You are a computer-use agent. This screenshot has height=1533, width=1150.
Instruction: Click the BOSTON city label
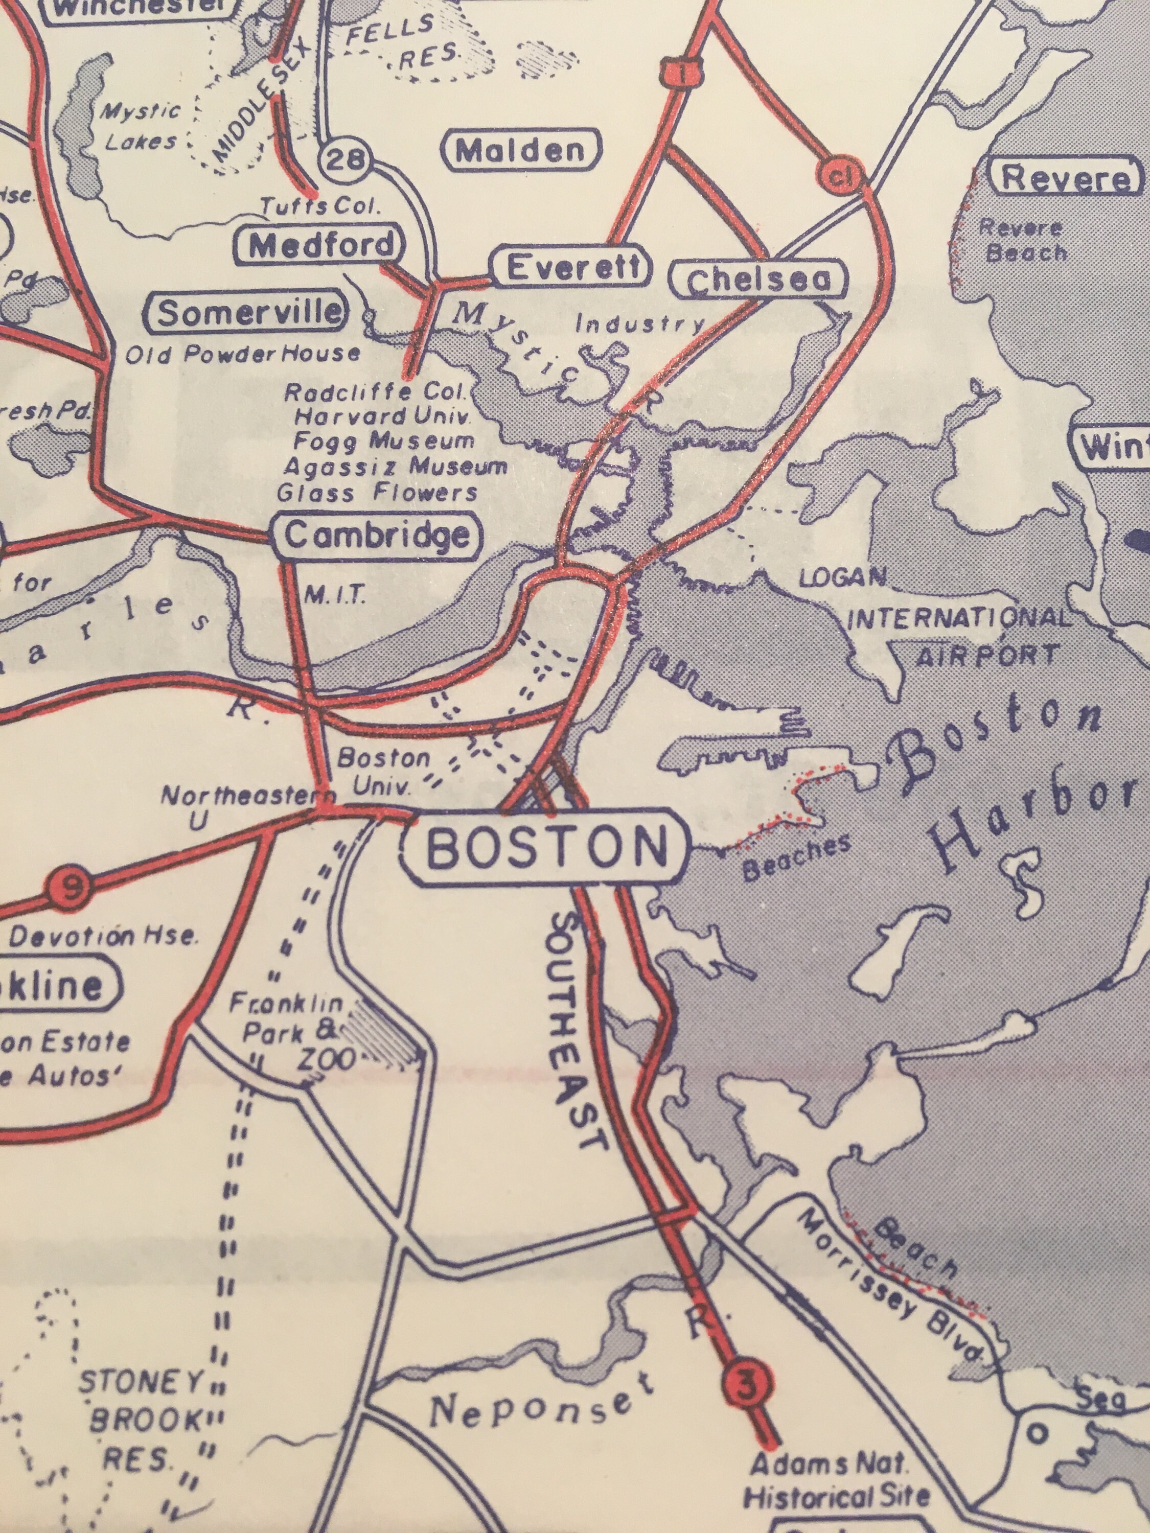click(x=546, y=847)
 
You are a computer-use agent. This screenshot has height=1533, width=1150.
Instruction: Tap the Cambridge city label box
click(x=378, y=536)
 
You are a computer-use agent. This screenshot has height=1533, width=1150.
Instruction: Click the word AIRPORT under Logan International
click(x=987, y=655)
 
